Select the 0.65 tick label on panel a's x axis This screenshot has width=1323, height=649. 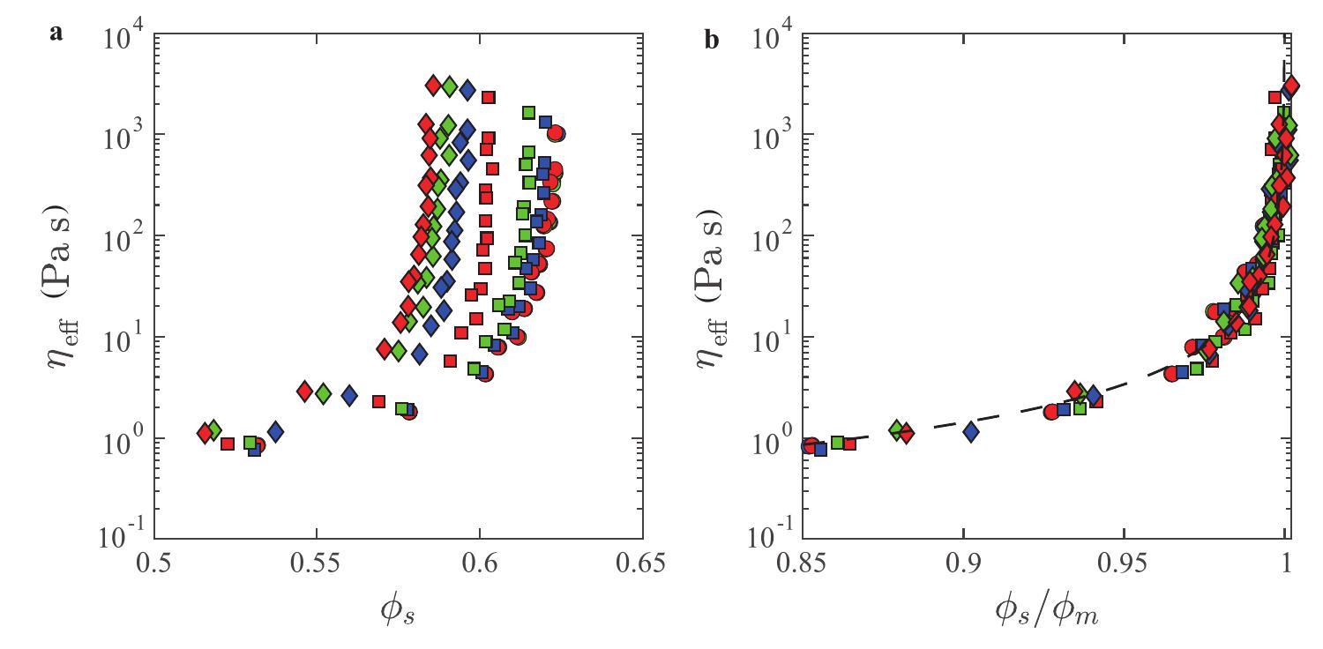tap(642, 563)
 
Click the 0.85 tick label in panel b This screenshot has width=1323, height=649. tap(803, 563)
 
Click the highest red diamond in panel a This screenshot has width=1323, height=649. tap(433, 86)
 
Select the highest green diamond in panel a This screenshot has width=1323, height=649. tap(449, 86)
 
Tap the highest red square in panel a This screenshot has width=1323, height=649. tap(488, 97)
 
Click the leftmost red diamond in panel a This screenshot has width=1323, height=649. tap(205, 433)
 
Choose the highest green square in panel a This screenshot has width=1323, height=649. tap(528, 113)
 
